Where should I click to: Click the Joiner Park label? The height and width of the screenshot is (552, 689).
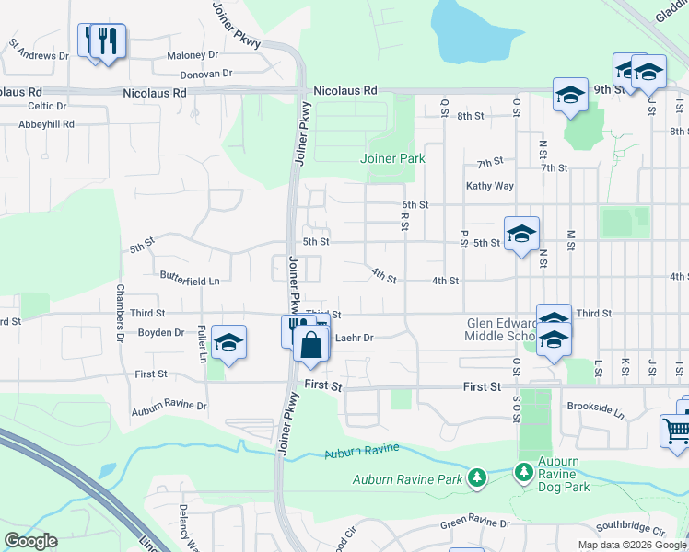(392, 158)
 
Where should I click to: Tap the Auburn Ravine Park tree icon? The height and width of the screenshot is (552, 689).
(476, 477)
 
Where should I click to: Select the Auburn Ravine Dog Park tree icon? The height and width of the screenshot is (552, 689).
(524, 472)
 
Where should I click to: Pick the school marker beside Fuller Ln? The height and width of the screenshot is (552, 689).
(228, 343)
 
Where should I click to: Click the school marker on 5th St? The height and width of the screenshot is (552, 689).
(520, 234)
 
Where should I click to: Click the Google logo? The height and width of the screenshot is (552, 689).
(30, 541)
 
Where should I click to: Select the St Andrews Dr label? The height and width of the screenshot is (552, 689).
(39, 50)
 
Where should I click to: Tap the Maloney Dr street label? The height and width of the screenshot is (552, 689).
(192, 55)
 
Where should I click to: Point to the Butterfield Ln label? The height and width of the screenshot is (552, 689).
(190, 276)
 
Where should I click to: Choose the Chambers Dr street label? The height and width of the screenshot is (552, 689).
(120, 313)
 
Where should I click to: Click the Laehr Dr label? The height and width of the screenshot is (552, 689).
(355, 338)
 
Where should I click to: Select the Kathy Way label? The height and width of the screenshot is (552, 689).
(489, 186)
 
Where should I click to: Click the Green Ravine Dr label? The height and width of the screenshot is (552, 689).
(474, 523)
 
